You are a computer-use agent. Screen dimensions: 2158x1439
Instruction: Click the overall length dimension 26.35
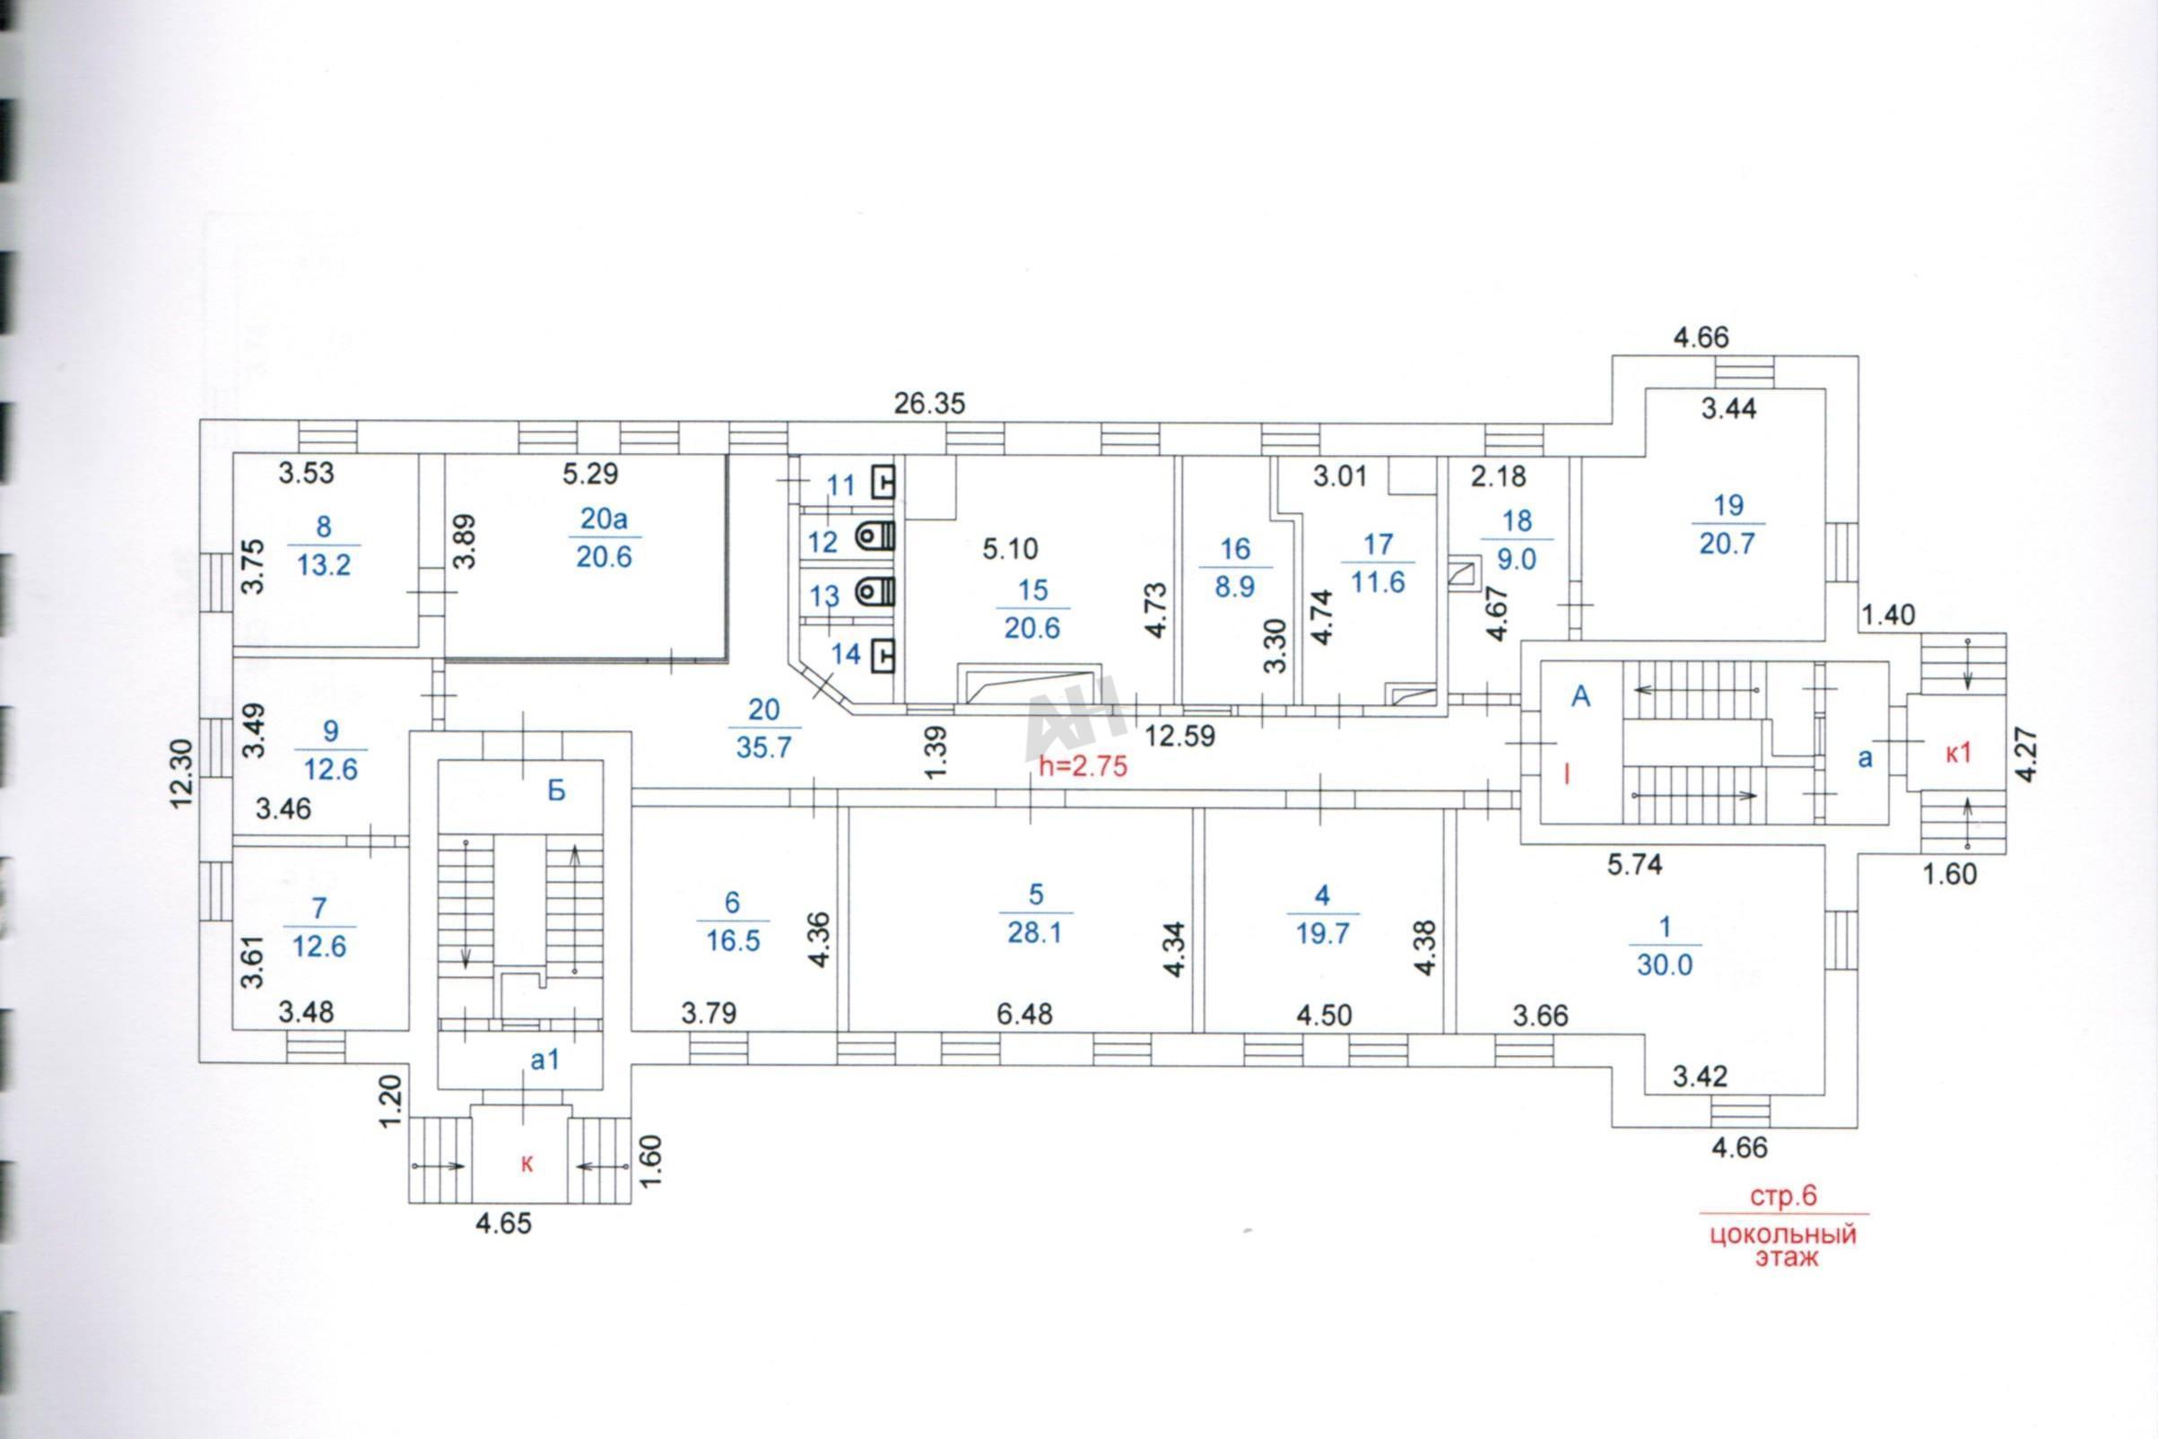(x=929, y=404)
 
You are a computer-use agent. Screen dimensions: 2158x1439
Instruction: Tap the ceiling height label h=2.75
(x=1082, y=766)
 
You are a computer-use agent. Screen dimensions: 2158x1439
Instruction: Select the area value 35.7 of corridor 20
(x=763, y=748)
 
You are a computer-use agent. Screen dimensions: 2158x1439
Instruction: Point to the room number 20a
(x=605, y=519)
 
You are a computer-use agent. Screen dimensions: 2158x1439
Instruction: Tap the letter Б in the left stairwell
(x=556, y=791)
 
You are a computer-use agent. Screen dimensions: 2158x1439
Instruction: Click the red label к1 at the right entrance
(x=1959, y=754)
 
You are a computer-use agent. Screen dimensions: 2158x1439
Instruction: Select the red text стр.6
(x=1784, y=1197)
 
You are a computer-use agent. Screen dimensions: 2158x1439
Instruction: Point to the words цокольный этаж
(x=1783, y=1245)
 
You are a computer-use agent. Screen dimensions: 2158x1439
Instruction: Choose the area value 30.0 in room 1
(x=1665, y=964)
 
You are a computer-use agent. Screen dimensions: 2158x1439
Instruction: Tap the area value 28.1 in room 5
(x=1034, y=932)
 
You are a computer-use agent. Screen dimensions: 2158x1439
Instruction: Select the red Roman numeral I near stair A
(x=1567, y=774)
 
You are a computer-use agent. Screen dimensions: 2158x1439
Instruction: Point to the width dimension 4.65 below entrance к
(x=504, y=1224)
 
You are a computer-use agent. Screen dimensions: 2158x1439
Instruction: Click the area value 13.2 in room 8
(x=324, y=564)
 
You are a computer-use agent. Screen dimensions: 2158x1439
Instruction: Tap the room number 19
(x=1728, y=505)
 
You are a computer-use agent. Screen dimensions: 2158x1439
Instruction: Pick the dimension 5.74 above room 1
(x=1635, y=865)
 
